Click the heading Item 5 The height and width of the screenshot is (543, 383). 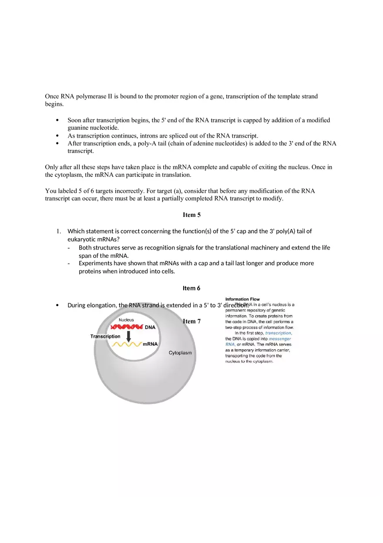(191, 215)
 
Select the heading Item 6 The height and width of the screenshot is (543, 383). (191, 288)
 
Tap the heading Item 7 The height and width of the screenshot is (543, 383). (191, 321)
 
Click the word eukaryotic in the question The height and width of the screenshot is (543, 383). (81, 239)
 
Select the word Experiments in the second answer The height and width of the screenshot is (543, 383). (95, 263)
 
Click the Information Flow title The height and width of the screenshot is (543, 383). (242, 299)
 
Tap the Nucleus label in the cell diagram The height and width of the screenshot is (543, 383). (126, 320)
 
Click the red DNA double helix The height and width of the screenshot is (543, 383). (127, 327)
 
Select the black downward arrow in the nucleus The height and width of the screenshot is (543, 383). (128, 336)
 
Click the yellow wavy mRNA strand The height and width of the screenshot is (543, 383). (127, 344)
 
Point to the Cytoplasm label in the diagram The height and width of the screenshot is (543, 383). (180, 353)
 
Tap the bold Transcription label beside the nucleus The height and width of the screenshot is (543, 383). (105, 337)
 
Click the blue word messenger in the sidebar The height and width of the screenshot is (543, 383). (280, 338)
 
